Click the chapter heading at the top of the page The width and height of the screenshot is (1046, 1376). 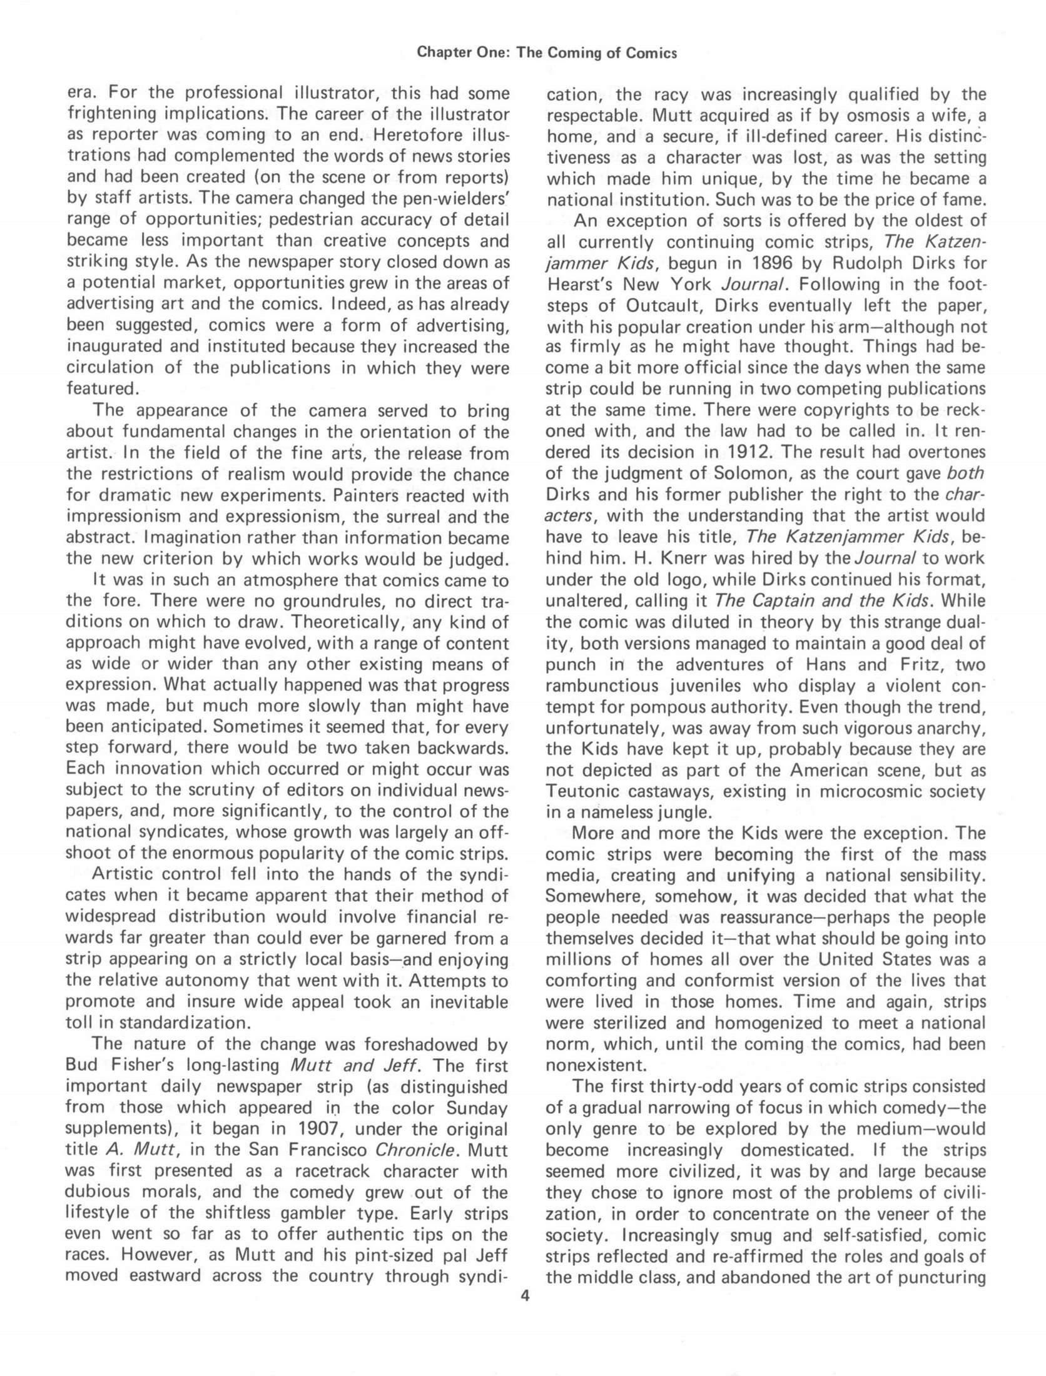coord(547,53)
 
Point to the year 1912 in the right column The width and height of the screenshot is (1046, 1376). coord(748,452)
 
